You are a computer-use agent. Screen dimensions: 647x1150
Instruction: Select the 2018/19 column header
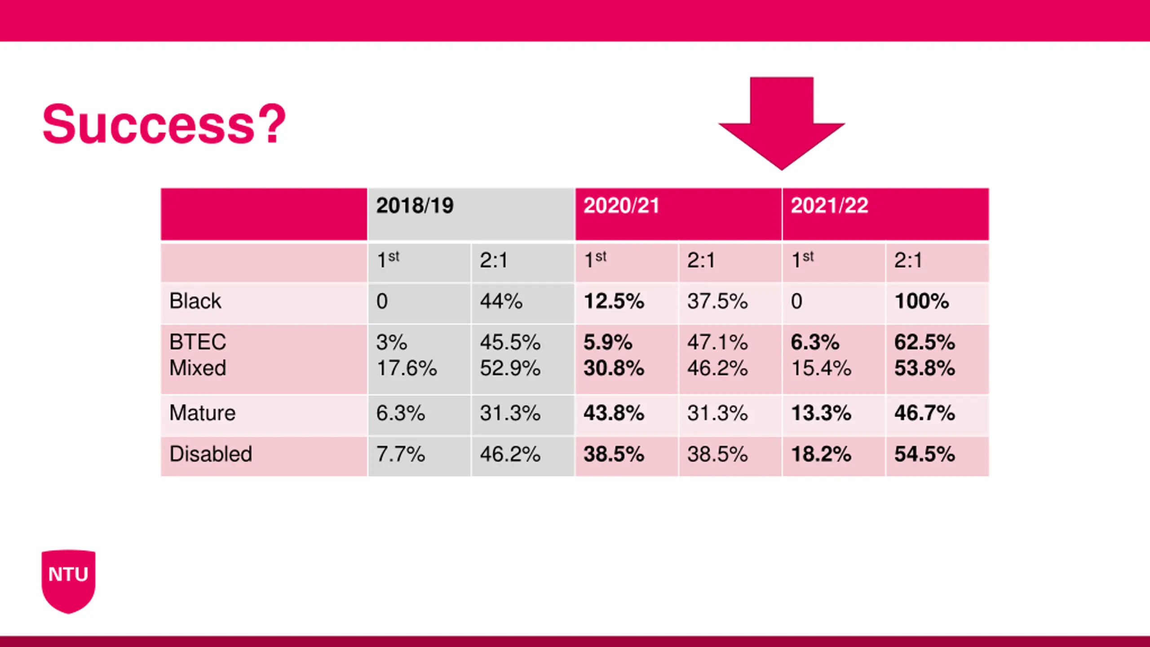click(415, 206)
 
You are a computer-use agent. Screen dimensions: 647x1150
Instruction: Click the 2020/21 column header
click(621, 206)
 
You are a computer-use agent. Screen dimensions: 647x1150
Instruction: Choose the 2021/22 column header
click(829, 206)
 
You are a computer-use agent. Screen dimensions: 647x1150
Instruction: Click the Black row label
click(195, 301)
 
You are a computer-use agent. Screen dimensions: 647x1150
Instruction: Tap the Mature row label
click(202, 413)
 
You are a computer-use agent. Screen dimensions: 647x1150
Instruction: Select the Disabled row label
click(211, 454)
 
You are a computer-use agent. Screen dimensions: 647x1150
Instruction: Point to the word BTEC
click(198, 342)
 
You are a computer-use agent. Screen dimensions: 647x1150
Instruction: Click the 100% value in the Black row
click(922, 301)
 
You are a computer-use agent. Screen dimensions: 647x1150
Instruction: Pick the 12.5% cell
click(614, 301)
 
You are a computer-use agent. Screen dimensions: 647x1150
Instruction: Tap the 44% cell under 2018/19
click(501, 301)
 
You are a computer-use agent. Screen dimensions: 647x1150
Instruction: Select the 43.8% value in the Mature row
click(614, 413)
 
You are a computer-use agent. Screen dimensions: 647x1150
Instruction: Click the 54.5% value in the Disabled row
click(924, 454)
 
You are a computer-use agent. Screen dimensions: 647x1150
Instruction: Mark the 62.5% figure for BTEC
click(924, 342)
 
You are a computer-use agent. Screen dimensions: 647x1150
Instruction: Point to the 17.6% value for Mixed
click(407, 368)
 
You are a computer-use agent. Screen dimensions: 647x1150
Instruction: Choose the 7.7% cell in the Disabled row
click(400, 454)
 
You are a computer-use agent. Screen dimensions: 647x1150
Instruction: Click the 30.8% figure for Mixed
click(614, 368)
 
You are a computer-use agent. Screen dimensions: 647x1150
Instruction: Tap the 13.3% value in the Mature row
click(821, 413)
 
